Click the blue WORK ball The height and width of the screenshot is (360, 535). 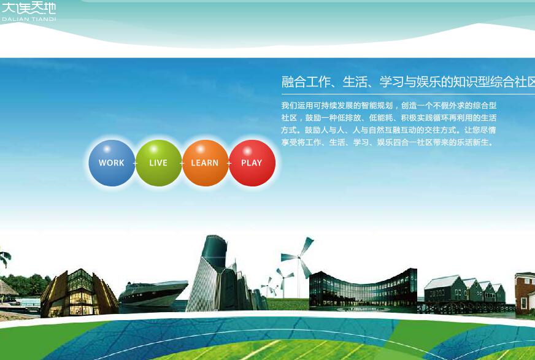(x=112, y=163)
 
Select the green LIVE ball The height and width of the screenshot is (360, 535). (x=159, y=163)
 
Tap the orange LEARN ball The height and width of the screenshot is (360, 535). (x=206, y=163)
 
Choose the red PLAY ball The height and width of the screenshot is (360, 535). (x=252, y=163)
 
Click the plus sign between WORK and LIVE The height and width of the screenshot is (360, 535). (x=135, y=164)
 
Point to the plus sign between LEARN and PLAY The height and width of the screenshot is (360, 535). (x=229, y=164)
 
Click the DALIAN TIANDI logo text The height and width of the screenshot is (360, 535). (x=29, y=19)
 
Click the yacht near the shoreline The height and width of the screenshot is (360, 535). (x=153, y=294)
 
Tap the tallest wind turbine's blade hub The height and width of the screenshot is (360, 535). (x=299, y=257)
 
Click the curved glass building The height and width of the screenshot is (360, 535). (x=363, y=289)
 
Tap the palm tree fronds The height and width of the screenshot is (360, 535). (x=5, y=258)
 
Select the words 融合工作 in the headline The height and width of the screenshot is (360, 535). (x=306, y=82)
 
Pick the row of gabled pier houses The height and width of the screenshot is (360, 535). (x=464, y=289)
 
